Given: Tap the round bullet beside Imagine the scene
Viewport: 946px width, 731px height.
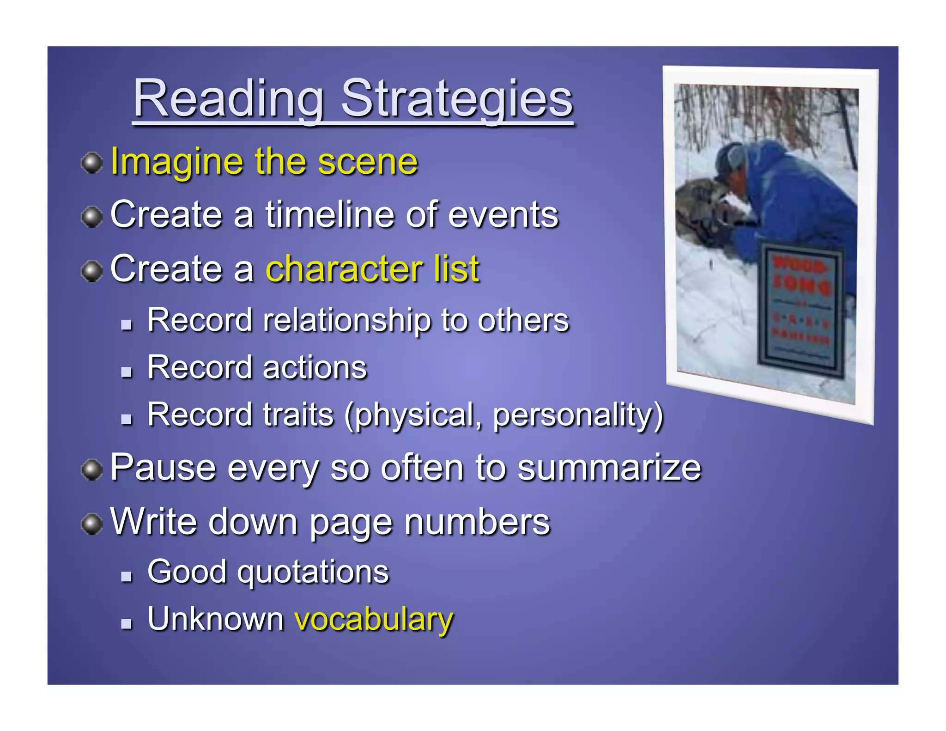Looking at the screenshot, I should (x=92, y=163).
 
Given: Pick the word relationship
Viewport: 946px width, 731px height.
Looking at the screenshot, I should (x=346, y=320).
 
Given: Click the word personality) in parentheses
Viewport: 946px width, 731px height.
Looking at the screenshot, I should (x=577, y=414).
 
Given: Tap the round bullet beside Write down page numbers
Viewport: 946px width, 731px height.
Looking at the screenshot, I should (x=92, y=524).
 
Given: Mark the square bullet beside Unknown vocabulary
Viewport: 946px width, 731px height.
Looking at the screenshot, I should (x=126, y=624).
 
